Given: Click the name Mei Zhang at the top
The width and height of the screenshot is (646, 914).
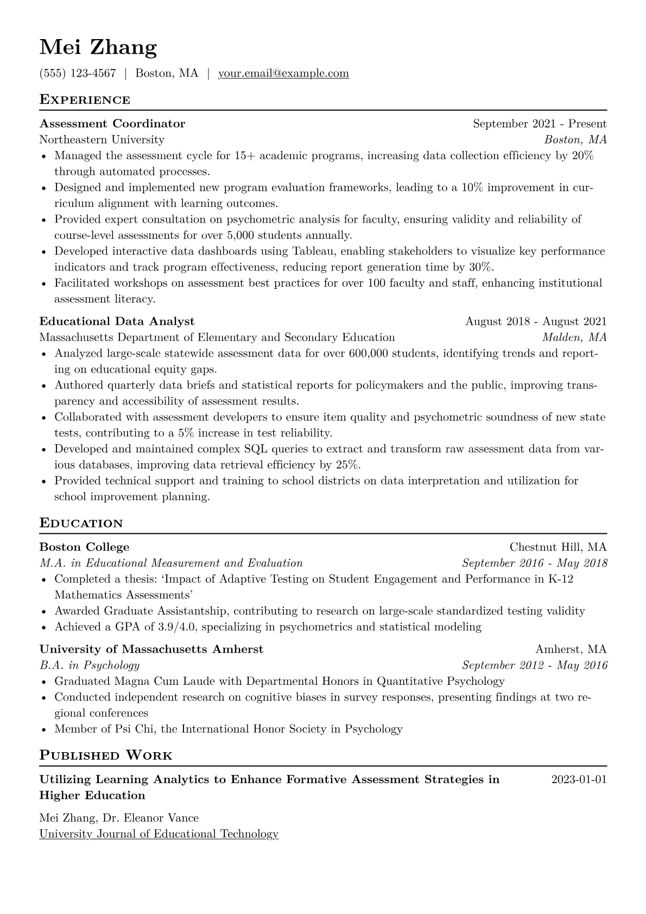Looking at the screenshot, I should click(x=98, y=48).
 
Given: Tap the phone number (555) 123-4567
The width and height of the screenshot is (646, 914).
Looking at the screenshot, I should click(x=78, y=73).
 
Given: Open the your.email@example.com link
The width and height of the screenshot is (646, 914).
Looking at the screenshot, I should click(x=283, y=73).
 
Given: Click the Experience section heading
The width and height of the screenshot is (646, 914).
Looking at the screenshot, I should click(x=85, y=100).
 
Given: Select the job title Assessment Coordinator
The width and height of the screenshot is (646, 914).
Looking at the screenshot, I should click(x=112, y=124).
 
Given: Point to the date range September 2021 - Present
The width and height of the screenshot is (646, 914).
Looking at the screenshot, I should click(x=539, y=124).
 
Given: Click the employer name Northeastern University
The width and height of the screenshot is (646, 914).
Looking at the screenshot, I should click(x=102, y=140).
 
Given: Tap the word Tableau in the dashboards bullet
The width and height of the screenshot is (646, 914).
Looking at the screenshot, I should click(x=314, y=251).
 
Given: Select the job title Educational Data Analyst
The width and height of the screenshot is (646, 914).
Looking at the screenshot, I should click(x=117, y=322).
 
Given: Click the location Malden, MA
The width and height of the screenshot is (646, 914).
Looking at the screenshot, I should click(x=574, y=337).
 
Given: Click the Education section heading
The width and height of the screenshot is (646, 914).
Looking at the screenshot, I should click(x=81, y=524).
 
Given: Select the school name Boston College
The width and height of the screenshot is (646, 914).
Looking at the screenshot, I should click(x=84, y=547).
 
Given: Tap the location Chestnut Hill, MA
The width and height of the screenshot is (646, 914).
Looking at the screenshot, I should click(x=558, y=547).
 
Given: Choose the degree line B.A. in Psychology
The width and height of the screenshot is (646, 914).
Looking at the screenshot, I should click(x=90, y=665).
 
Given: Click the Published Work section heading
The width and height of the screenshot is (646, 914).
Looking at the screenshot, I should click(x=106, y=755).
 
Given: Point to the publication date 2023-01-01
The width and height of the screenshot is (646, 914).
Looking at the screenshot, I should click(x=579, y=780).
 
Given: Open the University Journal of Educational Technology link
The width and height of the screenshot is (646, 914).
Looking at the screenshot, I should click(x=159, y=834).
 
